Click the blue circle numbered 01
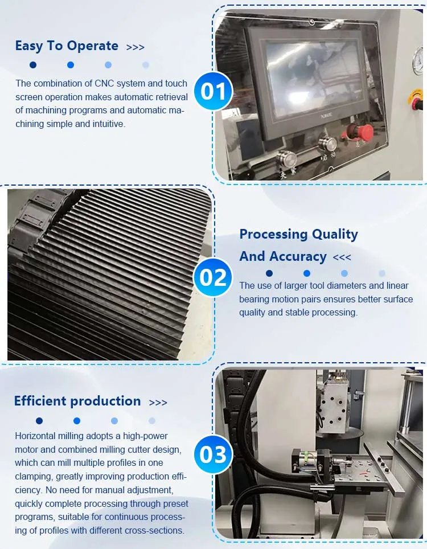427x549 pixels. [x=213, y=91]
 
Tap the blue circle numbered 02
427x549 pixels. [x=213, y=277]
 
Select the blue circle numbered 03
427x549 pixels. [x=213, y=454]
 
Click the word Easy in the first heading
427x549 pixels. [x=28, y=46]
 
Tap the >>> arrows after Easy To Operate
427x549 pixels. [x=136, y=47]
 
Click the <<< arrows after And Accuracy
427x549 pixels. [x=342, y=257]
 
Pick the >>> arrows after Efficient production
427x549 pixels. [x=158, y=403]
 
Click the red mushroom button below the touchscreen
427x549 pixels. [x=362, y=132]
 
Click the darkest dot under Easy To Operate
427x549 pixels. [x=33, y=65]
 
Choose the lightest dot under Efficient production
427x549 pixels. [x=152, y=421]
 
